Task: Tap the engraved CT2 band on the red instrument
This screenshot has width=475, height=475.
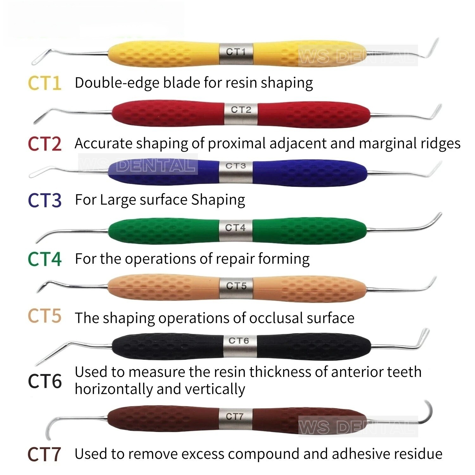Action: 241,110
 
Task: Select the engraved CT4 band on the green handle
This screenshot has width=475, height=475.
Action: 235,227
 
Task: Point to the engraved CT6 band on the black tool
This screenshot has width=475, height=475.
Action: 239,341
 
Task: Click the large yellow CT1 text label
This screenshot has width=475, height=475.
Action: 45,83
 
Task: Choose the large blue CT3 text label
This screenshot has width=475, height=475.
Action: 45,200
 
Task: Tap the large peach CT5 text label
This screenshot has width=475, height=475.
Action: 45,316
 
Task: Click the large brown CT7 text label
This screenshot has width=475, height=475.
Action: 44,454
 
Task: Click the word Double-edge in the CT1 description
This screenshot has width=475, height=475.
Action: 116,83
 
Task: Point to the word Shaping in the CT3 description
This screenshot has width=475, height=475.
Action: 218,200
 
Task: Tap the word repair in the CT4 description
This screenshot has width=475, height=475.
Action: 234,259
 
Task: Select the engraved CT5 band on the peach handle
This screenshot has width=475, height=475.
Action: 236,286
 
